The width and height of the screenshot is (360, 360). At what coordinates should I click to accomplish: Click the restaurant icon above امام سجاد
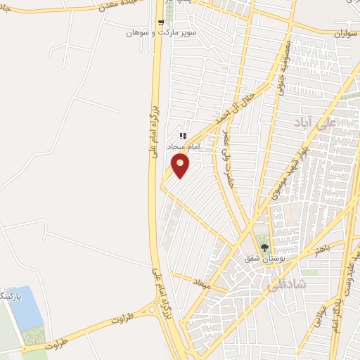point(182,135)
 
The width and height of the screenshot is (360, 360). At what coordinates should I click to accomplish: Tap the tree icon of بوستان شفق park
point(264,247)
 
